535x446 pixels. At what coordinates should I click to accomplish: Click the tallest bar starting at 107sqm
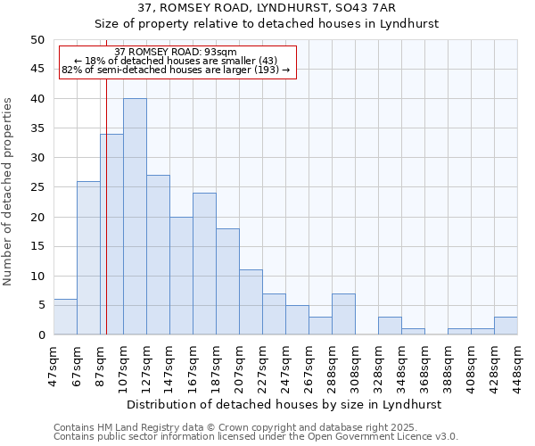135,217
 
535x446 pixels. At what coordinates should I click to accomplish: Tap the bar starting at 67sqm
88,258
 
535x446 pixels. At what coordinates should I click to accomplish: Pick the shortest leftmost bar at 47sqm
65,318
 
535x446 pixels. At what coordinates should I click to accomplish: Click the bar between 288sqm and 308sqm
343,314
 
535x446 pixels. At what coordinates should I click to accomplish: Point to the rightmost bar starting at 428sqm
506,326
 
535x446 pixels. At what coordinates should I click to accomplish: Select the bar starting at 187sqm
227,282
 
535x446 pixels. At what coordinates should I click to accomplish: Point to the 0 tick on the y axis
40,335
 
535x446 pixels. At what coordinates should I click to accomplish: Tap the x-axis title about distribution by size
284,404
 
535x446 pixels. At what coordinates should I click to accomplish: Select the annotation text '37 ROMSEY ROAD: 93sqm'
177,52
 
